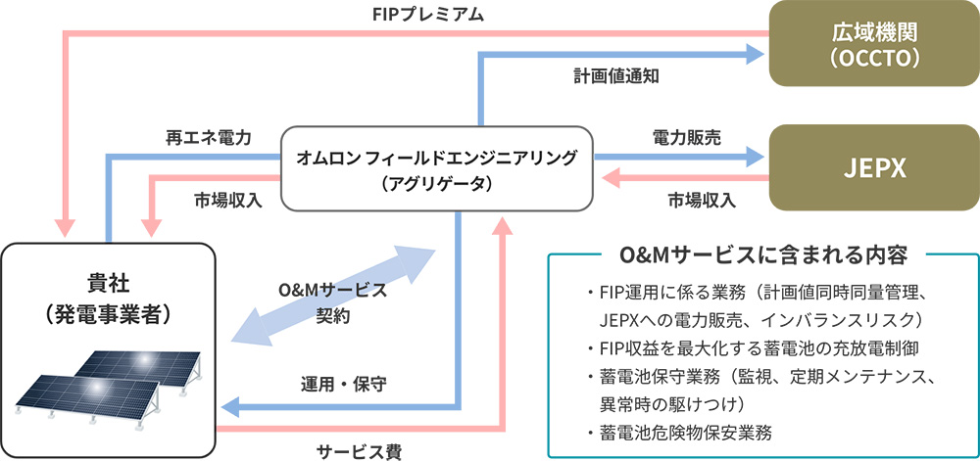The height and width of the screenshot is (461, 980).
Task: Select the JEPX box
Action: coord(871,167)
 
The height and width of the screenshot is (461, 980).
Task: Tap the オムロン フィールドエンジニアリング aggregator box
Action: coord(437,167)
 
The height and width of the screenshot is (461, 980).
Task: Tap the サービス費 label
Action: coord(359,449)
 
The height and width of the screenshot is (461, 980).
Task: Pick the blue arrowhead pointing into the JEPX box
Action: coord(755,156)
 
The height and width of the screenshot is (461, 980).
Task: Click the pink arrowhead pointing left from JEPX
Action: coord(609,179)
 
